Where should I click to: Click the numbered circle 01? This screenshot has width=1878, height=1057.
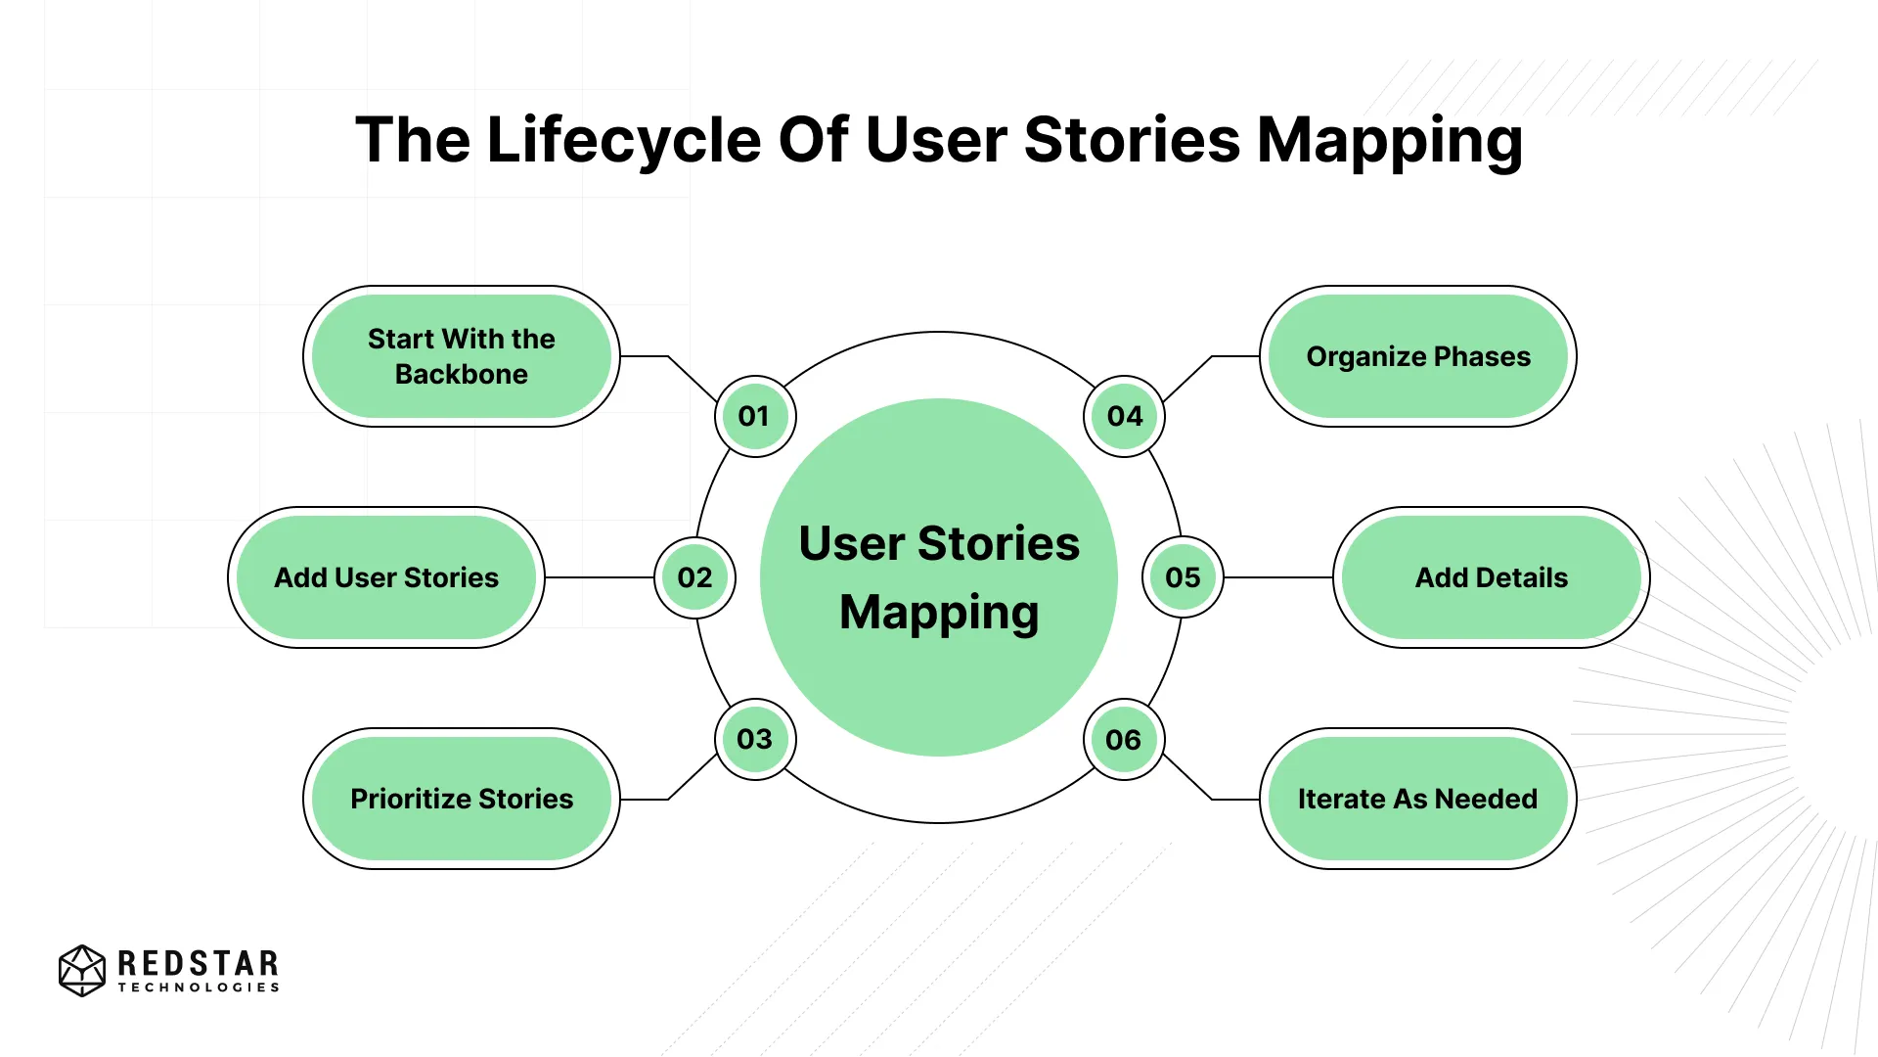754,416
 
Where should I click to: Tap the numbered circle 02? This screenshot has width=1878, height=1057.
694,577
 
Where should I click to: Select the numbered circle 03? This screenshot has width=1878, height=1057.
754,739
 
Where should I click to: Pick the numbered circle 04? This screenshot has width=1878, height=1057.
1124,416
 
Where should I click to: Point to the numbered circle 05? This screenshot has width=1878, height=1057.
1183,577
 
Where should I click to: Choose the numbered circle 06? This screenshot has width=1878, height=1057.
1124,740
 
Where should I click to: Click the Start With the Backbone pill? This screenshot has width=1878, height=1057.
461,356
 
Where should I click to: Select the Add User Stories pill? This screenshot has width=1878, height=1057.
386,577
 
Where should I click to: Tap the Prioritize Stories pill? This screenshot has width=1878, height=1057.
461,799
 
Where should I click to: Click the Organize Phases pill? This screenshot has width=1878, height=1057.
1417,356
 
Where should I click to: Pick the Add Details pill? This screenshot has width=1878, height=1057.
1491,577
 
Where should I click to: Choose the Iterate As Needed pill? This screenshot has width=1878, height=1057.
1417,799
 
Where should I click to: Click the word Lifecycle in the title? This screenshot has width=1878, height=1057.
623,140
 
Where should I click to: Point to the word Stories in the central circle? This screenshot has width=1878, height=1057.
999,544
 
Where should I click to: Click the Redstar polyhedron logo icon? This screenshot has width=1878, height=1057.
82,970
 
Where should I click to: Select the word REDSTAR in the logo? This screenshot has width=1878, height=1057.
199,963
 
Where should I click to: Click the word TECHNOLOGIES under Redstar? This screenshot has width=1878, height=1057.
199,988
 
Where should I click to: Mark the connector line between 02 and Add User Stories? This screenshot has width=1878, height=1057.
599,577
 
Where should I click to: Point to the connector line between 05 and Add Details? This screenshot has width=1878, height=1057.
1277,577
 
